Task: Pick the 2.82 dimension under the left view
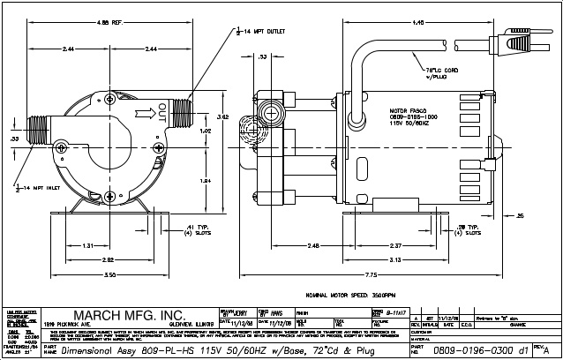tap(107, 260)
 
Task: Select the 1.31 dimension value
tap(88, 245)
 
